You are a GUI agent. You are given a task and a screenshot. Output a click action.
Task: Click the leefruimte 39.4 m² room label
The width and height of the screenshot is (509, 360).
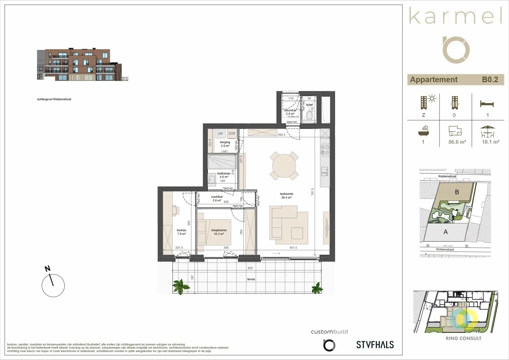click(286, 196)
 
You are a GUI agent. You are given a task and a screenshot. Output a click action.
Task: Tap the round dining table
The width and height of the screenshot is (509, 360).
click(284, 166)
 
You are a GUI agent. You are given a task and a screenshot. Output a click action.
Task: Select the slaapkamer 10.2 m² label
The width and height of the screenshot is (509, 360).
click(219, 232)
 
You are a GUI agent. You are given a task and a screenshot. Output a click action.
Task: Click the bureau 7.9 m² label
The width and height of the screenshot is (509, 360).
click(182, 232)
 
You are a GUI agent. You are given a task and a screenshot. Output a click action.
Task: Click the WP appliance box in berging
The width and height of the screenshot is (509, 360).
click(220, 134)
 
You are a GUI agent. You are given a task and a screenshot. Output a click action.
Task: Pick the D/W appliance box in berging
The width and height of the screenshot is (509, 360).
click(232, 134)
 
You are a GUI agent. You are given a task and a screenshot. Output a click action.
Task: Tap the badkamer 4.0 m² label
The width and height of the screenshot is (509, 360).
click(224, 175)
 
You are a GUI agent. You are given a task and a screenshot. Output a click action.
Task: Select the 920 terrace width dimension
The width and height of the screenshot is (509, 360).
click(250, 268)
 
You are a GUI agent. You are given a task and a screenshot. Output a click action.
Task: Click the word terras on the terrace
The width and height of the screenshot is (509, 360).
click(251, 279)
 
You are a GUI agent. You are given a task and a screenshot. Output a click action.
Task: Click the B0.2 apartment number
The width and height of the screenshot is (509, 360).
click(490, 80)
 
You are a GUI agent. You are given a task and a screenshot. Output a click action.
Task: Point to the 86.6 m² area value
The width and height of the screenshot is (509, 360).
click(457, 142)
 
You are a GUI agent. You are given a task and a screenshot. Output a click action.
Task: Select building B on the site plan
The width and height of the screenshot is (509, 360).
click(457, 192)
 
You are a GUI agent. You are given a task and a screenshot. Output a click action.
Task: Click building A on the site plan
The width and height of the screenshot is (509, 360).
click(446, 232)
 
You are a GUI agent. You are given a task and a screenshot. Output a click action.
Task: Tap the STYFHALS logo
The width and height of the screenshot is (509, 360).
click(375, 345)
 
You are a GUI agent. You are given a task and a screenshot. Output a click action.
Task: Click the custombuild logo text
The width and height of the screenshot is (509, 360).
click(329, 332)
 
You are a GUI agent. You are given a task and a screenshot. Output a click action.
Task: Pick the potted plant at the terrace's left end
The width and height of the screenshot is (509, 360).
click(181, 287)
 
